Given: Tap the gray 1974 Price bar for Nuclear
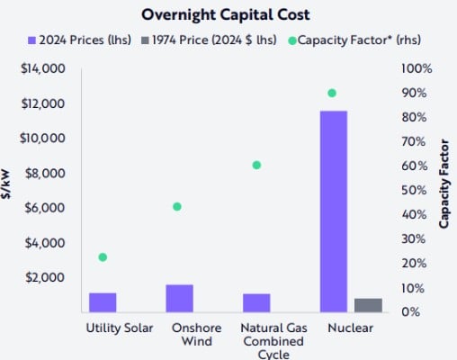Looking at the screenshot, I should pos(368,305).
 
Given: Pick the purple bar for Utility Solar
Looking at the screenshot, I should pos(103,302).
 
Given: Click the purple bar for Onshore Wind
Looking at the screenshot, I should pos(179,298).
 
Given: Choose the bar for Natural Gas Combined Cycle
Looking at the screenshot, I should pos(256,302).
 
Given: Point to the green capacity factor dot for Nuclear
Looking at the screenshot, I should pos(332,93).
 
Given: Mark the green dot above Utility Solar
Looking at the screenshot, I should pos(103,257).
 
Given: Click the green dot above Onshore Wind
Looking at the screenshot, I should pos(177,206).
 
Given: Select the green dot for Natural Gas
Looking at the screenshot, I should pos(256,165).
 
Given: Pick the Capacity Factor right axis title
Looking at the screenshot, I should pos(444,190).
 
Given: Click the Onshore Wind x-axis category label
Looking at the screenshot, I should pos(190,335).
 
